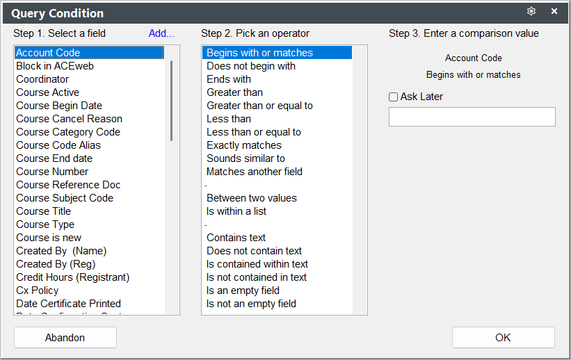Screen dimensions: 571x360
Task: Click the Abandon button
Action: tap(65, 338)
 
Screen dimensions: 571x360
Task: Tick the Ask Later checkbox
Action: tap(393, 97)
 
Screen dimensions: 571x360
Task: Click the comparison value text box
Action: tap(472, 117)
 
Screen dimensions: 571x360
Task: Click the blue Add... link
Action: tap(161, 33)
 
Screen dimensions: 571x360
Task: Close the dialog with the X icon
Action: tap(554, 11)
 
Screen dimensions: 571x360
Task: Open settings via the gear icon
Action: tap(531, 11)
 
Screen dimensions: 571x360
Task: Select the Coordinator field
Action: tap(42, 79)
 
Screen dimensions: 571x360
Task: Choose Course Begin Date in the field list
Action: tap(59, 106)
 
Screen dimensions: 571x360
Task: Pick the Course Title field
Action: tap(43, 211)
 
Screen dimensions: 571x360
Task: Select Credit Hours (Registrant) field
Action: tap(73, 277)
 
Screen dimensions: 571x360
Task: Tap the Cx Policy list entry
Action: tap(37, 291)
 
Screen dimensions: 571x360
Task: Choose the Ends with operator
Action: tap(229, 79)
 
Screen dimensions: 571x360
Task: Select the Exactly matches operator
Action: tap(244, 145)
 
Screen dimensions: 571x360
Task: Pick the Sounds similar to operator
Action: tap(246, 158)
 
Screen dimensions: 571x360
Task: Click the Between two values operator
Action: tap(252, 198)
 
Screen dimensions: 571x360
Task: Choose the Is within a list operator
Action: tap(236, 211)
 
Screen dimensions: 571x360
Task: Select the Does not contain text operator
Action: tap(254, 251)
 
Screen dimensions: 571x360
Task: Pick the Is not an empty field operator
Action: tap(251, 304)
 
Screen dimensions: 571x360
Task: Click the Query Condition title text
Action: tap(58, 13)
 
